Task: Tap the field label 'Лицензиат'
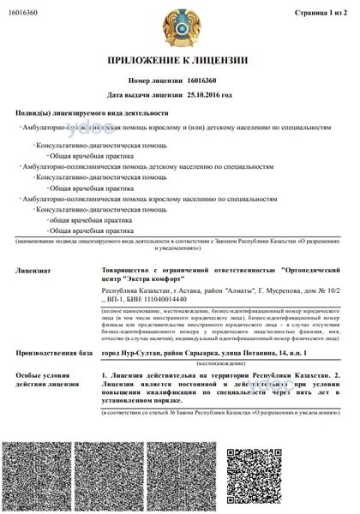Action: pyautogui.click(x=33, y=270)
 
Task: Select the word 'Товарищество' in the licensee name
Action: pyautogui.click(x=126, y=270)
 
